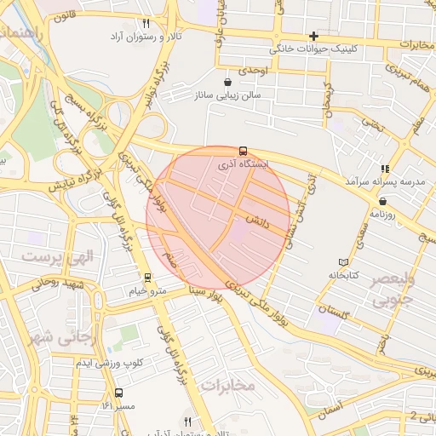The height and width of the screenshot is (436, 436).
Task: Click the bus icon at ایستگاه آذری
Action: (x=244, y=151)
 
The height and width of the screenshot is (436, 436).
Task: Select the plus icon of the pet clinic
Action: (x=314, y=36)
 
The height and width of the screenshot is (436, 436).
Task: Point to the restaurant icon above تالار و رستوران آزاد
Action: (x=146, y=24)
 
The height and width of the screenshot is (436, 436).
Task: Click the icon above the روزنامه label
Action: (x=382, y=202)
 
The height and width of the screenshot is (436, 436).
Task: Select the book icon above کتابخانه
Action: (x=343, y=262)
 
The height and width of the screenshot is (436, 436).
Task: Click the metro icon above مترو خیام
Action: (x=147, y=278)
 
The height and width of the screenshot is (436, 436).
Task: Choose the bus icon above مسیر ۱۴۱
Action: (x=118, y=393)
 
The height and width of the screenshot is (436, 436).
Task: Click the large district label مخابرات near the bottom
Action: (x=227, y=385)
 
